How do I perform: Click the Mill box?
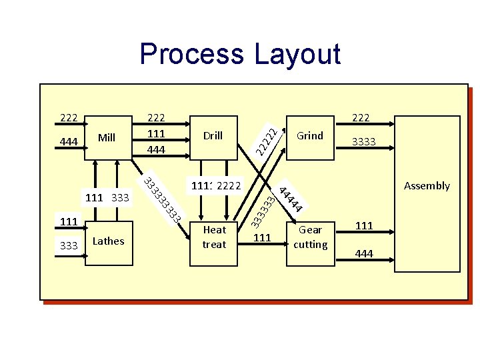coord(107,138)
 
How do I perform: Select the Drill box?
coord(213,136)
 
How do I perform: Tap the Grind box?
coord(309,136)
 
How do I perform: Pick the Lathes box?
coord(108,241)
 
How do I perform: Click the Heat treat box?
coord(214,237)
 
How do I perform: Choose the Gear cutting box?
coord(310,237)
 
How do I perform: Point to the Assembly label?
coord(427,186)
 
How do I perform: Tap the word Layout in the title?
coord(297,54)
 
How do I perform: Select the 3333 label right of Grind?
coord(363,142)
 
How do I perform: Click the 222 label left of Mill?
coord(68,118)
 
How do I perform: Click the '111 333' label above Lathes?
coord(107,197)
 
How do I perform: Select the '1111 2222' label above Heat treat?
coord(215,185)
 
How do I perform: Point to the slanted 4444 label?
coord(291,199)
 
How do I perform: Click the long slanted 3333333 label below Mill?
coord(163,199)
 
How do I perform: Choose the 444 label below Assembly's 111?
coord(364,253)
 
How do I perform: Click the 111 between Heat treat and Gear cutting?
coord(263,238)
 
